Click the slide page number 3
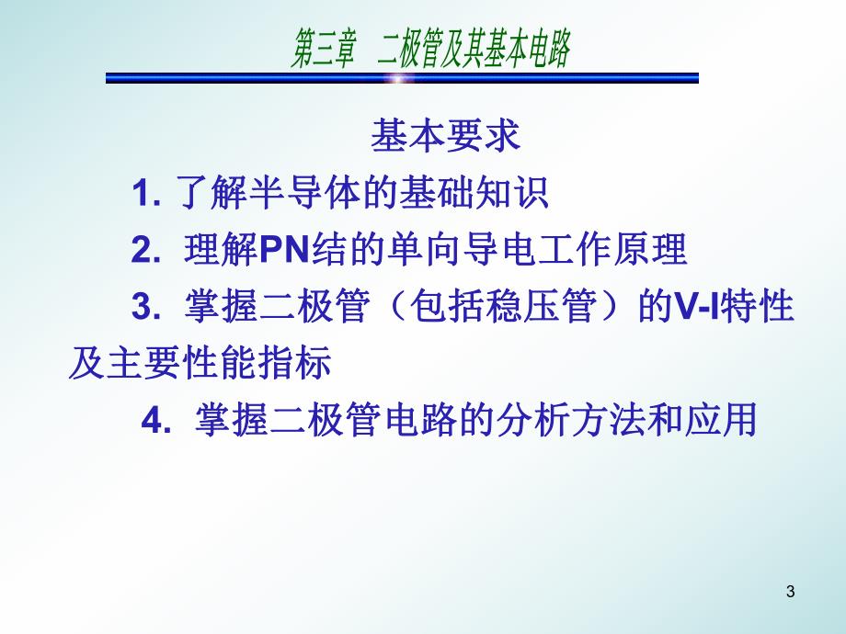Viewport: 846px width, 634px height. coord(791,592)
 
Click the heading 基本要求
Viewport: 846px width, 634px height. coord(446,137)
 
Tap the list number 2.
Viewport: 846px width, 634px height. coord(144,250)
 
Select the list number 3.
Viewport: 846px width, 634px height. coord(144,307)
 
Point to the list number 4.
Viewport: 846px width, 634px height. coord(154,421)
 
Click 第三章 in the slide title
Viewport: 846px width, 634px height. coord(324,47)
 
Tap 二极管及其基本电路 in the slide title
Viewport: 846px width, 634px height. coord(474,47)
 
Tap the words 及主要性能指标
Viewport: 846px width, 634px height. coord(200,364)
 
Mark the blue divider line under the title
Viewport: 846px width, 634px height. coord(402,79)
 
